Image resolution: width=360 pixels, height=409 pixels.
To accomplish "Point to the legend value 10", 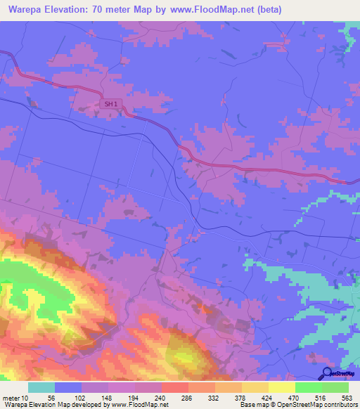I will point(25,397).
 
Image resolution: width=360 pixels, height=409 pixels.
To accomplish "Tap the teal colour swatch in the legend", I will point(41,387).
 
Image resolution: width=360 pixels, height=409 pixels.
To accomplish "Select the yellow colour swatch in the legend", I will point(282,387).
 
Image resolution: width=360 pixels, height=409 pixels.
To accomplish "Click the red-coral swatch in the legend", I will point(175,387).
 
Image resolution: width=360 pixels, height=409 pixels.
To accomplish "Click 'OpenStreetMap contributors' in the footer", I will point(318,405).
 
